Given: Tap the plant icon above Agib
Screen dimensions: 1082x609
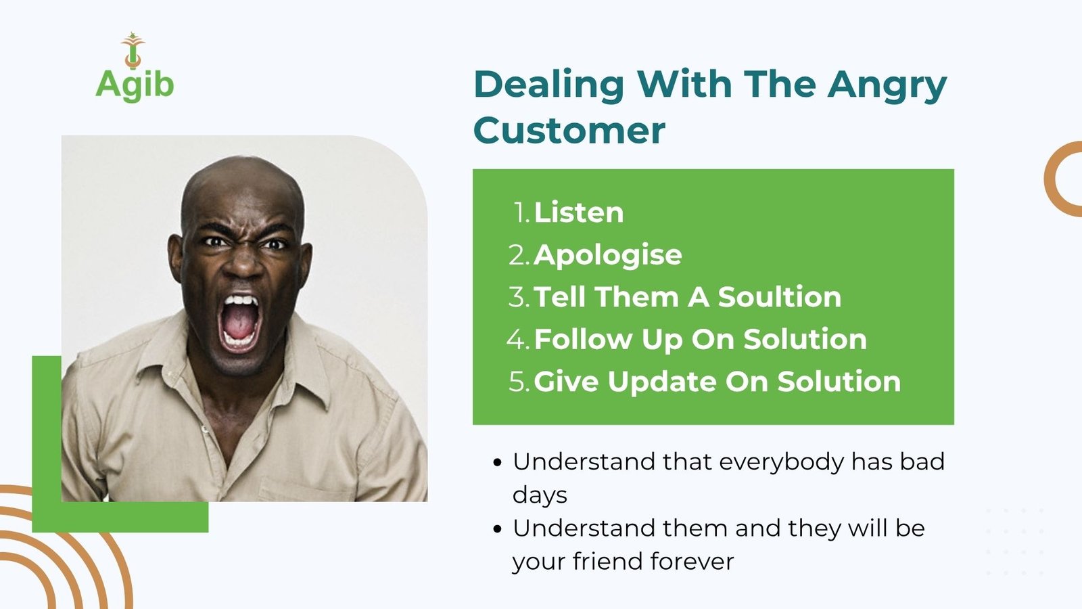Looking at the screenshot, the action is pos(133,50).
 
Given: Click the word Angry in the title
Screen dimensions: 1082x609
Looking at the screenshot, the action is pos(887,86).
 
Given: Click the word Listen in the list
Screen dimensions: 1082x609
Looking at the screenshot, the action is pos(579,212).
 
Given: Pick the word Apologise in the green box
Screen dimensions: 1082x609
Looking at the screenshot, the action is pos(608,255).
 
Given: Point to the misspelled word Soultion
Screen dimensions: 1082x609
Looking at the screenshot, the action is pos(779,297).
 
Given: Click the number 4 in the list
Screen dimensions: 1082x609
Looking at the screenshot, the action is pos(516,339).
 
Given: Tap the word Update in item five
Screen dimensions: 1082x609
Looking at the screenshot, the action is pos(662,382).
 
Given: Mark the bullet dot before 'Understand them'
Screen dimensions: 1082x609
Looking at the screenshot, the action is pos(498,528).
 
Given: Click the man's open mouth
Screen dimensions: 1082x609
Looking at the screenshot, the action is pos(239,321).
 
